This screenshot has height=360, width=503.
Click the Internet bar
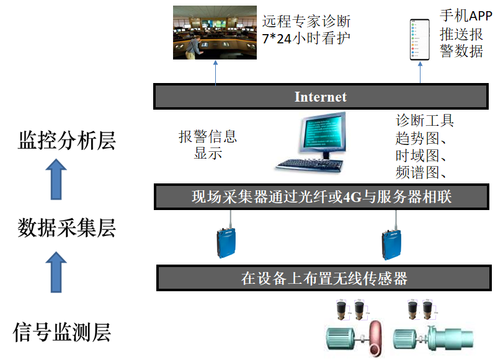tap(320, 97)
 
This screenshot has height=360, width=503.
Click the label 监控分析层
tap(67, 141)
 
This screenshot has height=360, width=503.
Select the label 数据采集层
tap(67, 229)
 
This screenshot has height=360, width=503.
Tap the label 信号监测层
tap(62, 332)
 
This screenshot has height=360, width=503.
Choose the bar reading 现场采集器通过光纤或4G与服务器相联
tap(321, 197)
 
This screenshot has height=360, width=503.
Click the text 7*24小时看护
tap(306, 38)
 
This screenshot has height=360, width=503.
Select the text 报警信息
tap(208, 136)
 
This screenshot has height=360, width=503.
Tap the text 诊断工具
tap(425, 120)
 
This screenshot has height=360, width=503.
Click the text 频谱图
tap(419, 172)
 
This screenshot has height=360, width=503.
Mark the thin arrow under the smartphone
tap(420, 72)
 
